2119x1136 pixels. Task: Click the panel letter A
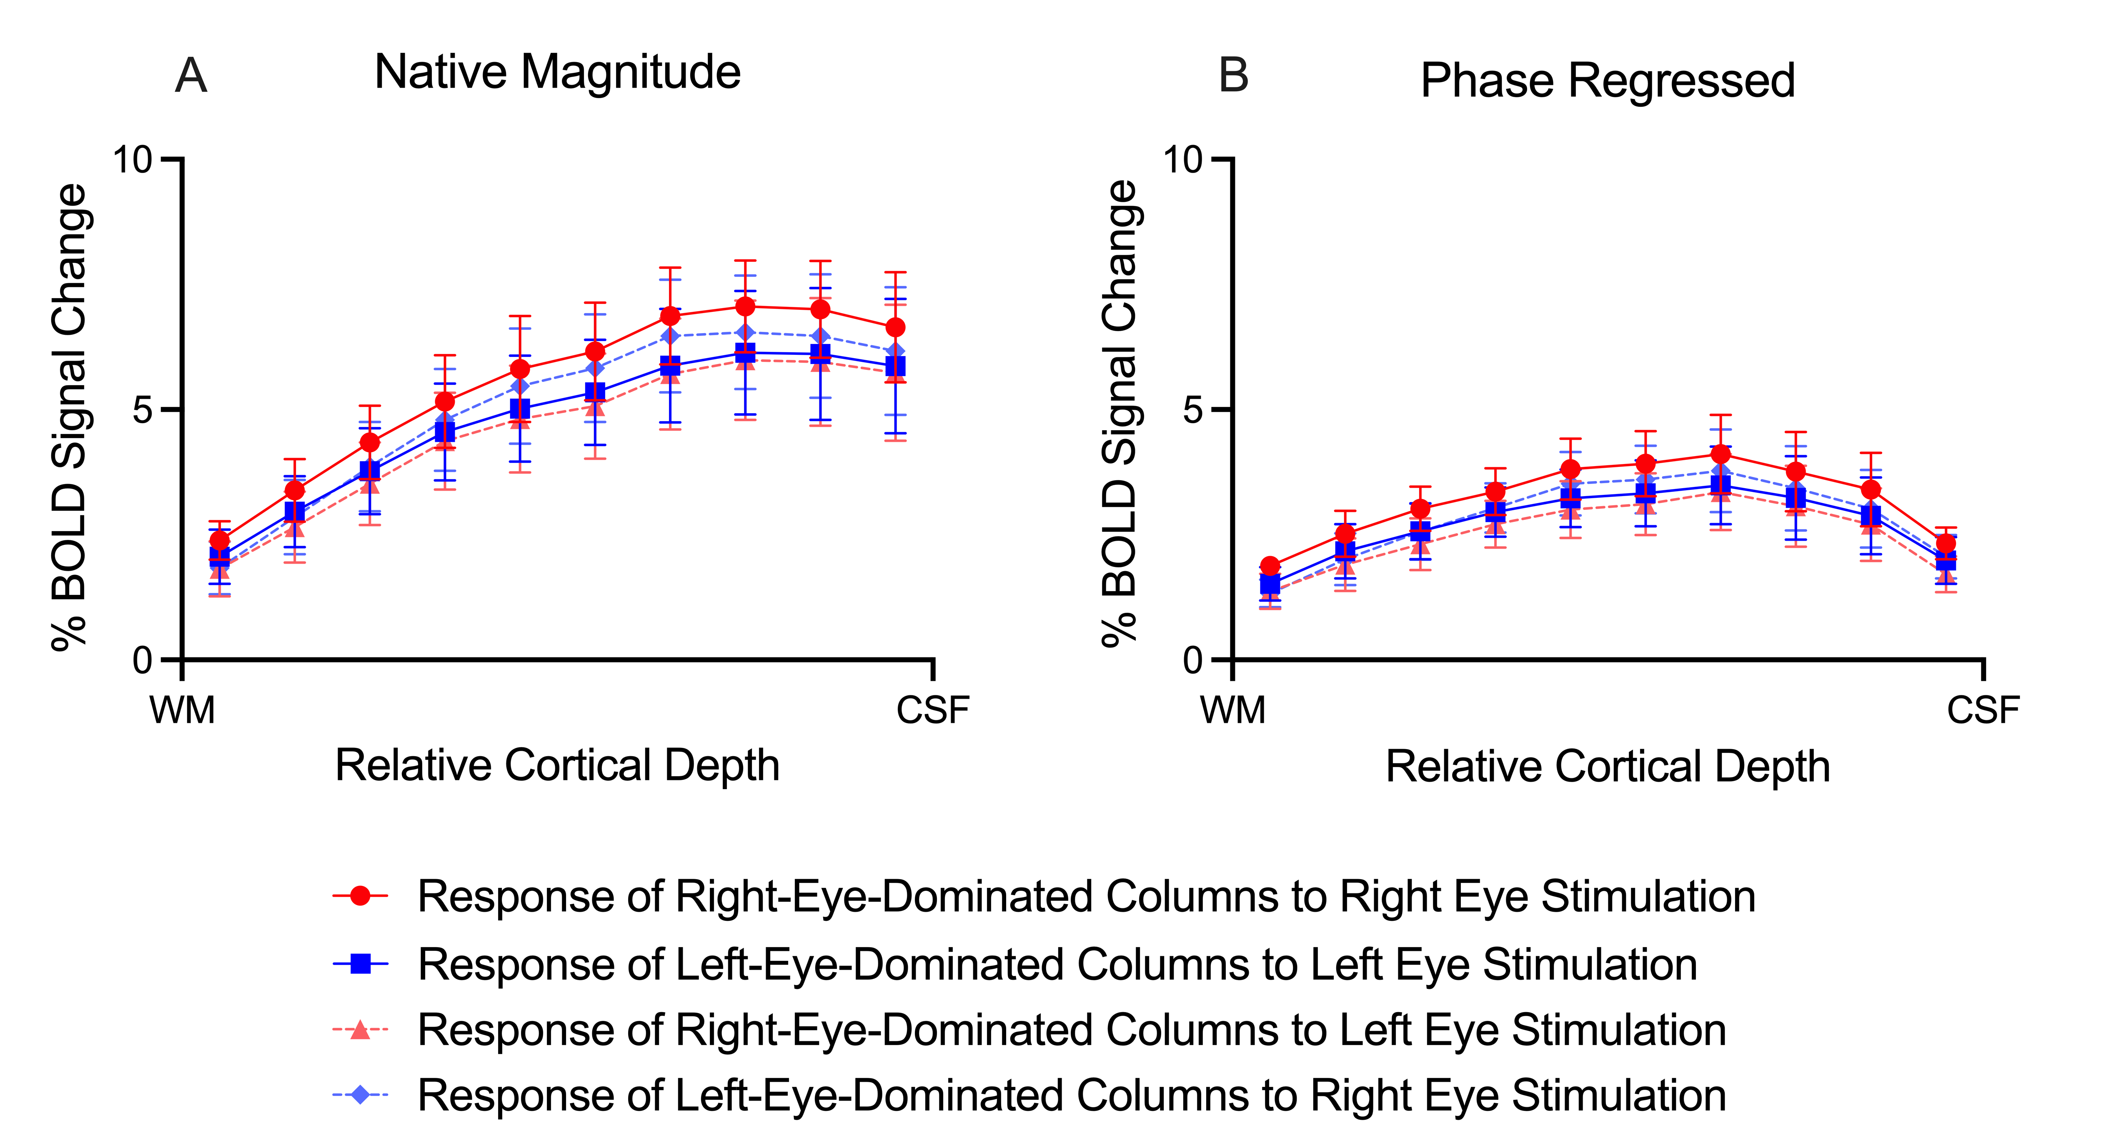[191, 77]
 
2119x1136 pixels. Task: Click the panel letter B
[1233, 77]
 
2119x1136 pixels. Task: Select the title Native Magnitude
[557, 73]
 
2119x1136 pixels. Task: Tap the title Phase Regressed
[1607, 80]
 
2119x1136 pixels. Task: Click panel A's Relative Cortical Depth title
[557, 766]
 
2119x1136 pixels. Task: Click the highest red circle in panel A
[745, 307]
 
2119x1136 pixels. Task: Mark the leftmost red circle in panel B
[1270, 566]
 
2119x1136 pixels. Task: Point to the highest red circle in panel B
[1721, 454]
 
